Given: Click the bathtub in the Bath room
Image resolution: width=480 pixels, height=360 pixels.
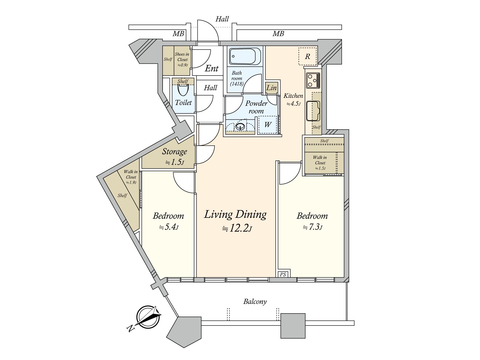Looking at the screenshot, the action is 245,56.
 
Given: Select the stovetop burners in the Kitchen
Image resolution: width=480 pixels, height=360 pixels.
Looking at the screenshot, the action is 313,80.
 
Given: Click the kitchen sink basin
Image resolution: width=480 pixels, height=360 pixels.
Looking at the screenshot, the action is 313,111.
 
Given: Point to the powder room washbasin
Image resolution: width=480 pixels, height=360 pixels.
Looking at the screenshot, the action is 240,127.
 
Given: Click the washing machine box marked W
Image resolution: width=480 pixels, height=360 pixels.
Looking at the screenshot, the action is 268,124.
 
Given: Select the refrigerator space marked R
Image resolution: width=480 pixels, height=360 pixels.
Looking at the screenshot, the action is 308,56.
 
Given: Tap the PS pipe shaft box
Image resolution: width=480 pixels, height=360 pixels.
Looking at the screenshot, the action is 283,274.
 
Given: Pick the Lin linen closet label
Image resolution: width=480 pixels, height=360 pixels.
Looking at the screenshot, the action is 271,88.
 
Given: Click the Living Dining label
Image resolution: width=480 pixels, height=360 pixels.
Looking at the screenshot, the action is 235,214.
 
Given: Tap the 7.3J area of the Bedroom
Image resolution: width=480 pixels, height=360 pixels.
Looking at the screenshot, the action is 313,227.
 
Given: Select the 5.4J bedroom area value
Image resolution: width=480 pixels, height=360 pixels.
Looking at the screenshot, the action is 169,227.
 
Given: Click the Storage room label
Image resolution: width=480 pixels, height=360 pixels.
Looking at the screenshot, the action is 175,151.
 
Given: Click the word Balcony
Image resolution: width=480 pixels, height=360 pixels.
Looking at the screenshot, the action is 255,302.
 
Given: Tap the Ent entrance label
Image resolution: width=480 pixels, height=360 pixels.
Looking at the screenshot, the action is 211,69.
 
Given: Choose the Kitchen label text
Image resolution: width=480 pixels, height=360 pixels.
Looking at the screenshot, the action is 293,96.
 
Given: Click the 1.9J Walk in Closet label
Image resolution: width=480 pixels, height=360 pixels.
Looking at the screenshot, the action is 131,177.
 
